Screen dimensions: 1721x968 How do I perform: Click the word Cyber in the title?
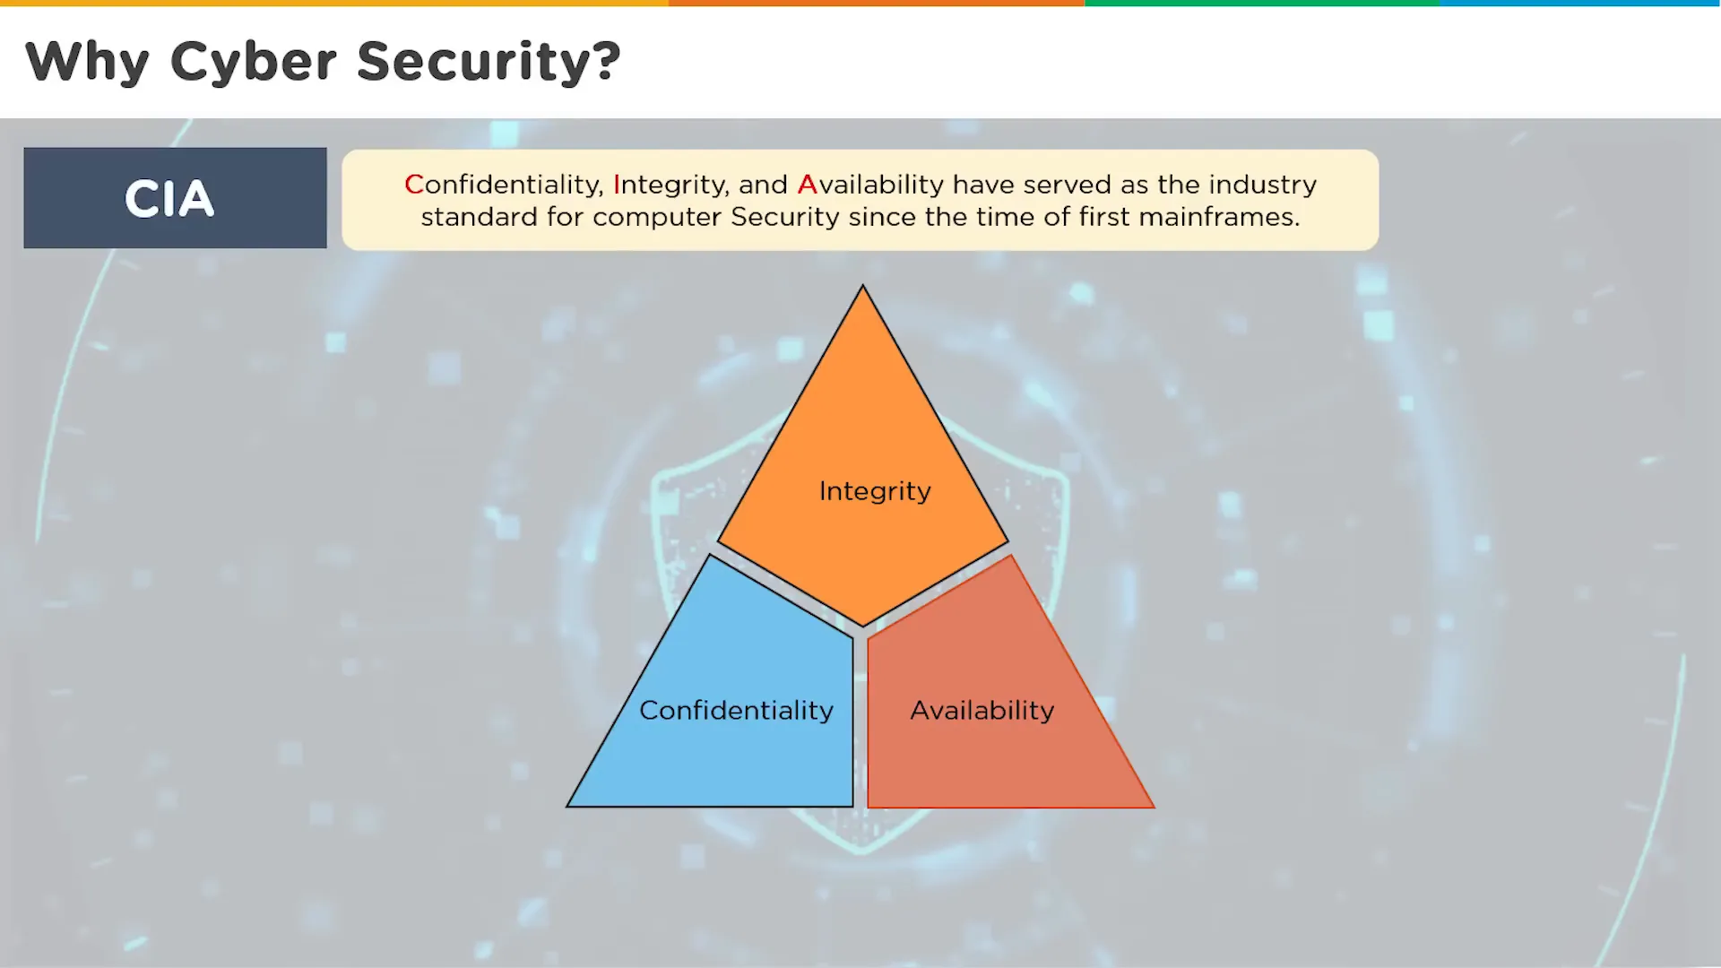point(254,63)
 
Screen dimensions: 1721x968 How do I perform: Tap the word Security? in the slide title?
point(489,63)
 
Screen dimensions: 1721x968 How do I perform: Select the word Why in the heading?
point(88,63)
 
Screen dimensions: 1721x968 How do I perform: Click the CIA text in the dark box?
point(169,198)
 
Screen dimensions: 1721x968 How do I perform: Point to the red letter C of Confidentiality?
point(413,185)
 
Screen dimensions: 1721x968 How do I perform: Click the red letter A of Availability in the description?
point(807,185)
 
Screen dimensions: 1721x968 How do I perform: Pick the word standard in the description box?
point(480,217)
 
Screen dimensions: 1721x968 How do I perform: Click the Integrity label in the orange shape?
point(875,491)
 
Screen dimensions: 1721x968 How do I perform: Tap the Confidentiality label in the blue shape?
point(736,710)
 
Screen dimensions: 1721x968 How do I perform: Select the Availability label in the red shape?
point(982,710)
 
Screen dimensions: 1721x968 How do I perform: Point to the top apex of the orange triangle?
point(863,286)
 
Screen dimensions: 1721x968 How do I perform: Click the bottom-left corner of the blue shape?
point(567,807)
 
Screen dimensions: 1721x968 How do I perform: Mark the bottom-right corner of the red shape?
point(1154,808)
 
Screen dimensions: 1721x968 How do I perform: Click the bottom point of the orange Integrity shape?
point(863,626)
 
